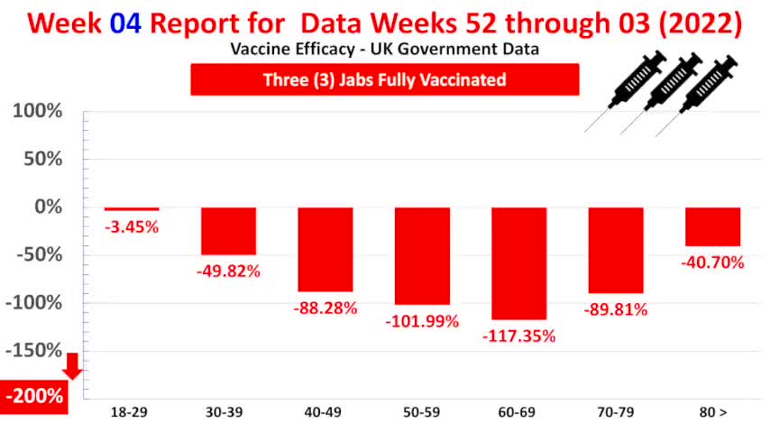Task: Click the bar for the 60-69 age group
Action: [x=518, y=263]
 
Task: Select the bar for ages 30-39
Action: [x=229, y=231]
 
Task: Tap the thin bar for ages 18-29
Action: [x=132, y=209]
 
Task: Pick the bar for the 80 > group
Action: [x=712, y=226]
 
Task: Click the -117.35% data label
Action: [x=518, y=336]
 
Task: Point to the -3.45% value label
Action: [x=132, y=226]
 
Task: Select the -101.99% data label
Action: [x=422, y=321]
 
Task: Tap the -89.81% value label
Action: [x=615, y=309]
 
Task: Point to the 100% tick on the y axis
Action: [x=37, y=112]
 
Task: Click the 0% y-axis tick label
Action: [x=46, y=207]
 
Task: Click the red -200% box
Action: [x=34, y=396]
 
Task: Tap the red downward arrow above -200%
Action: [x=73, y=365]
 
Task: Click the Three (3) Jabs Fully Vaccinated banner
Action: [x=384, y=79]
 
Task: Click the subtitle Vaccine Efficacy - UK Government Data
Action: [x=384, y=50]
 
